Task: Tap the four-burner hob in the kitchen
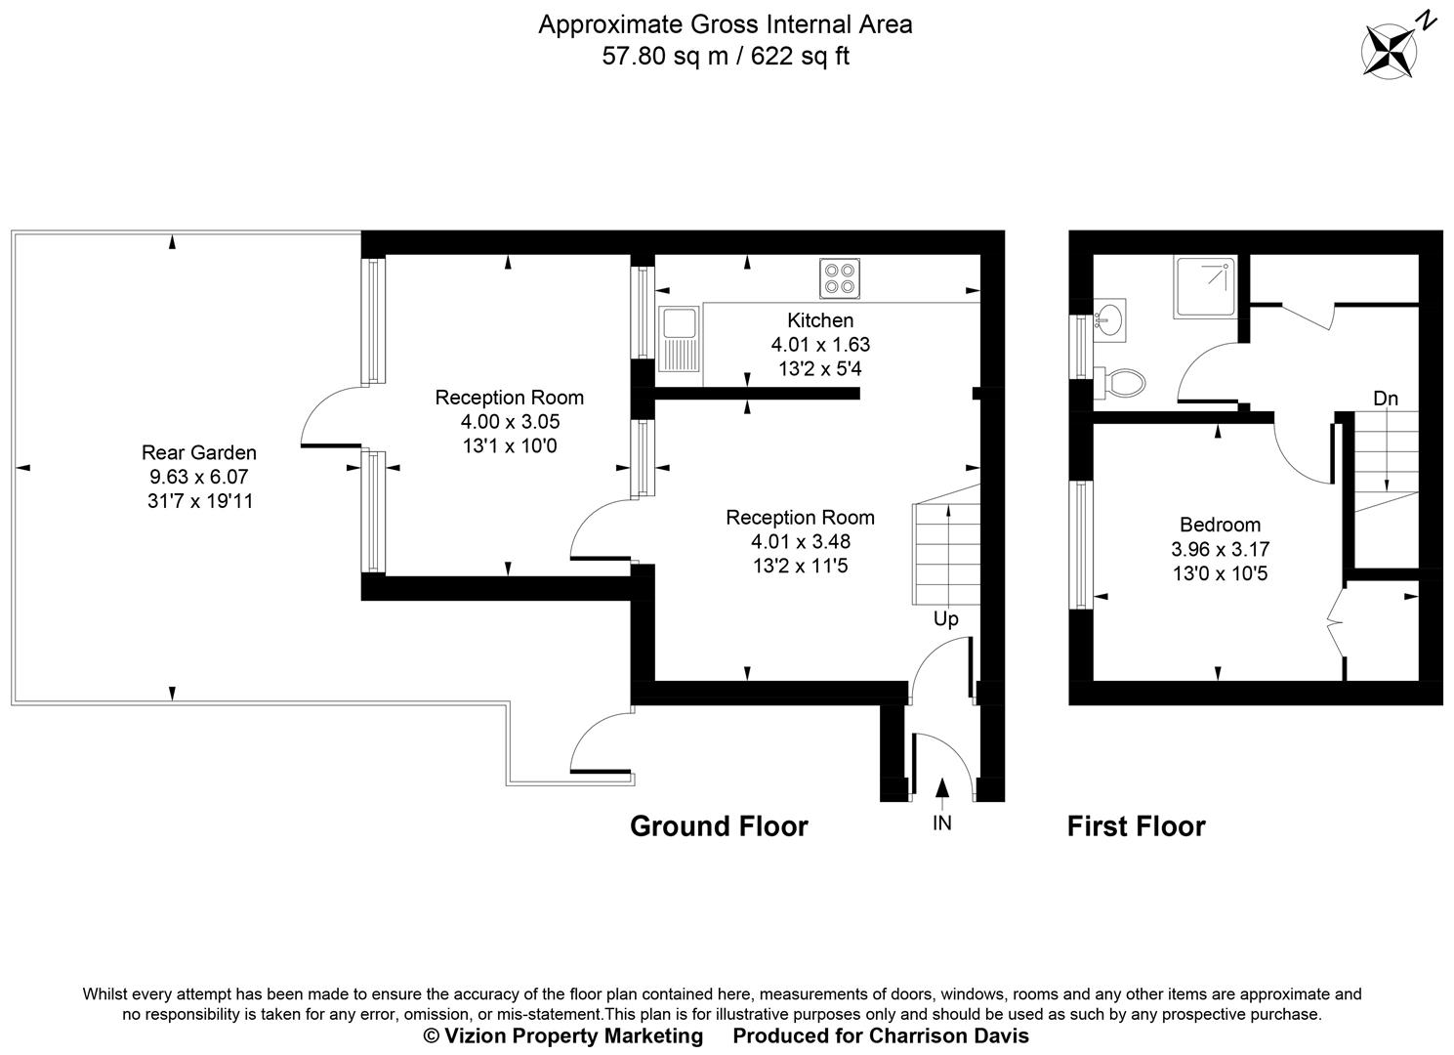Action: [x=841, y=277]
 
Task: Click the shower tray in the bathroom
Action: [x=1206, y=286]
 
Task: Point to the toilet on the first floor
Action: [x=1119, y=382]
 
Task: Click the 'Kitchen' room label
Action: [x=820, y=320]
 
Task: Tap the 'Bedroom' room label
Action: [x=1220, y=525]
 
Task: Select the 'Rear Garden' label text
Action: [x=199, y=452]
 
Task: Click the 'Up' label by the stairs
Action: [x=945, y=618]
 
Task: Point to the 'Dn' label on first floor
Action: [x=1385, y=398]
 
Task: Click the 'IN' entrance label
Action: [x=941, y=823]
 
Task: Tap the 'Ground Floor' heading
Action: [x=719, y=826]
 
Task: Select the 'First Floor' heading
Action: [x=1136, y=826]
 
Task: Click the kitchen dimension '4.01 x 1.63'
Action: [x=820, y=345]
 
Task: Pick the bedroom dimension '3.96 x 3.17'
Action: [x=1220, y=549]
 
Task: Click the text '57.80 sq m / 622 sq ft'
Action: [x=726, y=57]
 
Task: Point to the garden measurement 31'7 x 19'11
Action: [x=199, y=502]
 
